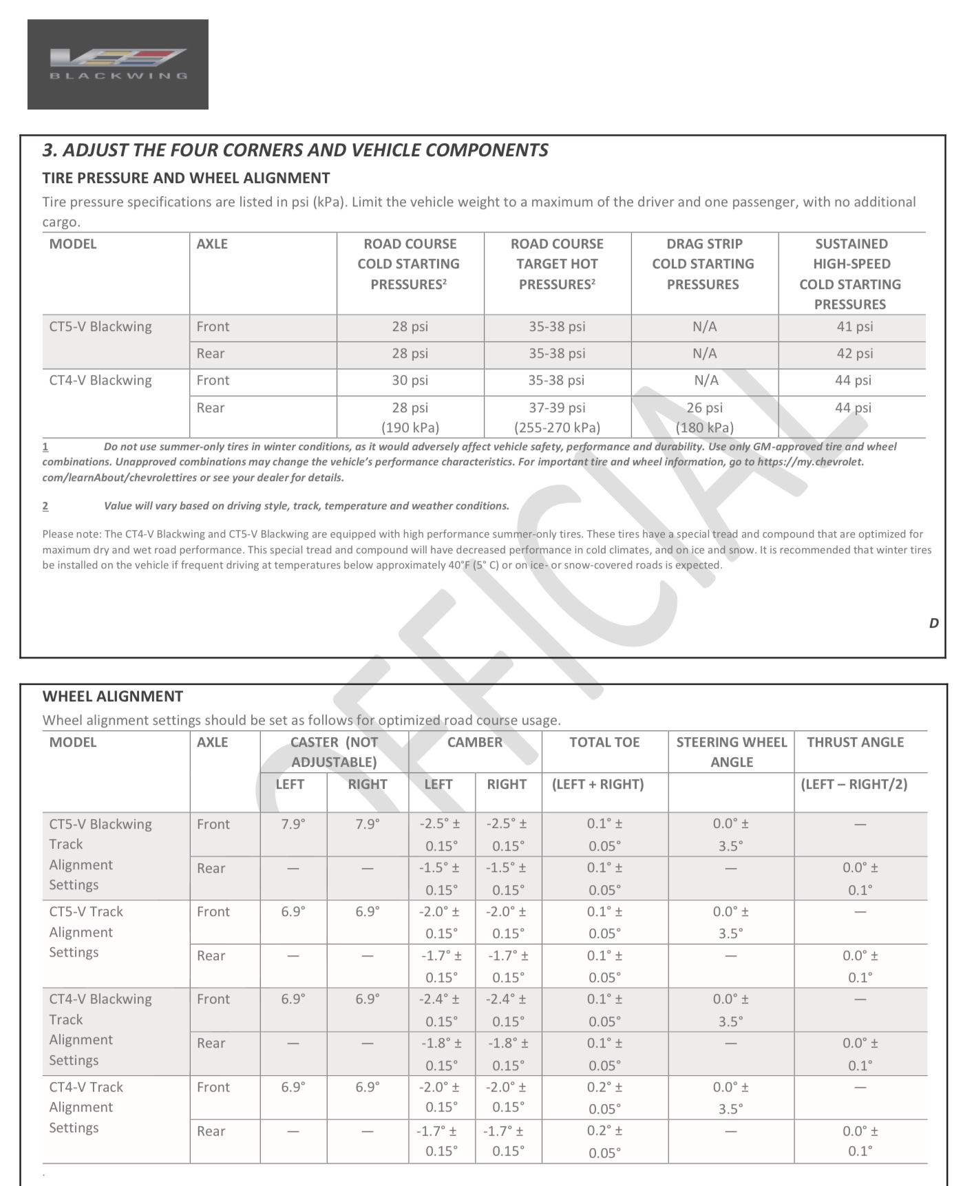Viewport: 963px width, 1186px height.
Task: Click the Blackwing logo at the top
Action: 118,64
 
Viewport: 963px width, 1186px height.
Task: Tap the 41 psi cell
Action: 854,327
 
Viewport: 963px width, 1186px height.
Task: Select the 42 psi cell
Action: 854,354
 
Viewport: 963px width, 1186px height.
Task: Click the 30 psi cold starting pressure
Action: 410,381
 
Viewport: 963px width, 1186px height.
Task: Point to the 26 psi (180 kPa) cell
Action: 704,417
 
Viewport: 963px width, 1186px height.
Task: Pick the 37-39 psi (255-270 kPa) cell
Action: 557,417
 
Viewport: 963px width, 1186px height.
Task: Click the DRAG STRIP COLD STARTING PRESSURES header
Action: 703,264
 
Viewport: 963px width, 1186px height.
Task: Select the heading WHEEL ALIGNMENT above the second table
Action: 113,696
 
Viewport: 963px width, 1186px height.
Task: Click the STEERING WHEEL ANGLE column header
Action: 731,752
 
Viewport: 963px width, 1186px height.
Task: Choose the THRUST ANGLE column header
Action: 855,742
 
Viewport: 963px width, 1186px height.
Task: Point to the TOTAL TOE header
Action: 604,742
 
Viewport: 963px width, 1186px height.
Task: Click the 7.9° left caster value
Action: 293,824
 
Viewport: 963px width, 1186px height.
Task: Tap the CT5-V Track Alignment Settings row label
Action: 86,932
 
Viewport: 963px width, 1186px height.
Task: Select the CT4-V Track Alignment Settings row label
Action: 86,1107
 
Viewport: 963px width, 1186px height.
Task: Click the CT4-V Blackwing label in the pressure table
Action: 100,381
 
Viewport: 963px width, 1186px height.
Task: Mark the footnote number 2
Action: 45,506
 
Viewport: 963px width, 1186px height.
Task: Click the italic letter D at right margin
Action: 933,623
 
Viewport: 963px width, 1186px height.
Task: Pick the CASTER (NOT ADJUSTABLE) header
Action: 334,752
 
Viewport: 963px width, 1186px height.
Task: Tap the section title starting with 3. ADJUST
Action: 295,150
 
